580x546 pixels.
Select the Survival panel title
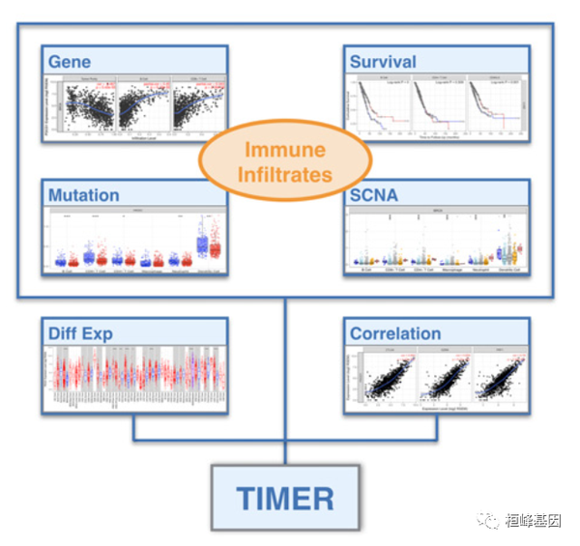[x=383, y=62]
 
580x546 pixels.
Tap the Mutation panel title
[x=84, y=194]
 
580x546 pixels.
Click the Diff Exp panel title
[x=81, y=333]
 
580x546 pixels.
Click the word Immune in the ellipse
[x=287, y=150]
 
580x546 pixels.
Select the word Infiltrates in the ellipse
[x=287, y=175]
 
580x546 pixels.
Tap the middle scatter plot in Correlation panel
[x=440, y=383]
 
